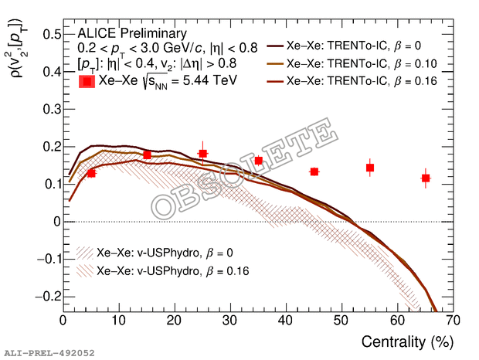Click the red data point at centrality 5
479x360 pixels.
91,173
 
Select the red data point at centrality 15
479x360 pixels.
147,155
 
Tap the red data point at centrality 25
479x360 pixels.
202,153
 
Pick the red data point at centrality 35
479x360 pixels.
258,161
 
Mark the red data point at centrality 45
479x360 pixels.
314,172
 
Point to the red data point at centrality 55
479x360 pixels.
370,168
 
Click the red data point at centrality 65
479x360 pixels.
426,178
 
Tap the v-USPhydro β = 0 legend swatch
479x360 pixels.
86,253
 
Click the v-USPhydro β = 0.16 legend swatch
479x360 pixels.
86,270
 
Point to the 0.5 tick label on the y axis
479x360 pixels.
51,35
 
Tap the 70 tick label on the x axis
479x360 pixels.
453,320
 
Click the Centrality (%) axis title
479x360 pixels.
408,341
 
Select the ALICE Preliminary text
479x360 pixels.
131,33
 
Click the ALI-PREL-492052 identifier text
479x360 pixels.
48,353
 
